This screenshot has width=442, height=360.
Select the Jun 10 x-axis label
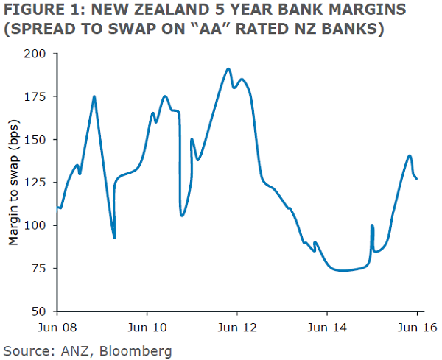click(147, 324)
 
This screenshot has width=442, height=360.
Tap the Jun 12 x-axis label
click(236, 324)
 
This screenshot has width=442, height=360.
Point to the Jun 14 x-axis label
click(326, 324)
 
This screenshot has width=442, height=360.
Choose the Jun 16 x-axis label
click(416, 324)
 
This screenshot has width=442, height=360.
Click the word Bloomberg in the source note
click(138, 350)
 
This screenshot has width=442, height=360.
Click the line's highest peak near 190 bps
click(229, 69)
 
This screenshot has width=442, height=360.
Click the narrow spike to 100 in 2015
click(372, 225)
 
